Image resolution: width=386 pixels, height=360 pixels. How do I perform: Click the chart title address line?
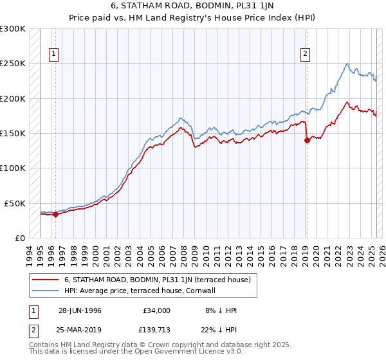(x=192, y=7)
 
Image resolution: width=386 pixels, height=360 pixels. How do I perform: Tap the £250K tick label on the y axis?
(x=13, y=64)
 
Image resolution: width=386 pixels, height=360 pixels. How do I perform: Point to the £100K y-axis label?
(x=13, y=168)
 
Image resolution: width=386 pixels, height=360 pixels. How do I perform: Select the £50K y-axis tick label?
(x=15, y=203)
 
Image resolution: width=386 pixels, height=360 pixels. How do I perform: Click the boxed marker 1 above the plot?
(x=54, y=55)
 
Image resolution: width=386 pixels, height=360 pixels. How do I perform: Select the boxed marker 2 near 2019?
(x=305, y=55)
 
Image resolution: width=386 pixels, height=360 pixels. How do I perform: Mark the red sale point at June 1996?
(x=55, y=215)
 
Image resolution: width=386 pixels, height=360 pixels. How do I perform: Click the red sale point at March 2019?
(x=307, y=141)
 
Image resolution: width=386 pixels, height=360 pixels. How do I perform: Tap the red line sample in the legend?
(x=45, y=280)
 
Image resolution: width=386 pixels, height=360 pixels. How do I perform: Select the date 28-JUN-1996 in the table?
(x=80, y=310)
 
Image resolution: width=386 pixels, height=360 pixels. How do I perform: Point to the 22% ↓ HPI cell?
(x=219, y=330)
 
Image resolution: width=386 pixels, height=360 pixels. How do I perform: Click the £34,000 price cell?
(x=156, y=310)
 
